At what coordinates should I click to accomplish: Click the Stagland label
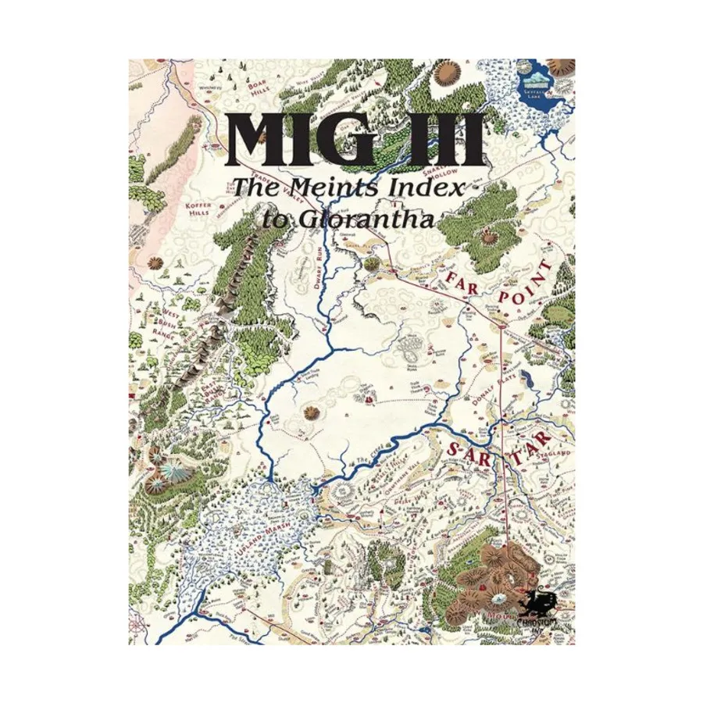551,453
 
